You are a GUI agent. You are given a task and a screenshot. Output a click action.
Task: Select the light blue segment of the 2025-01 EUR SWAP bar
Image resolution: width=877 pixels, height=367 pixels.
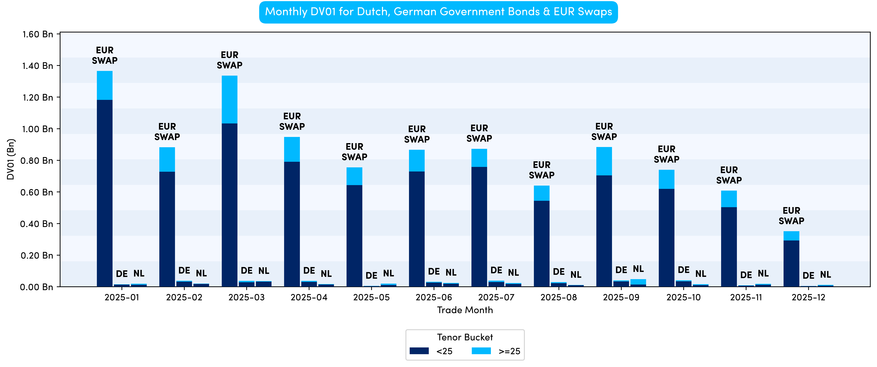tap(105, 85)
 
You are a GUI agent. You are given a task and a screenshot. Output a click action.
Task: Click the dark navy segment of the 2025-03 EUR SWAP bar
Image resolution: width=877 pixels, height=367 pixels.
tap(229, 204)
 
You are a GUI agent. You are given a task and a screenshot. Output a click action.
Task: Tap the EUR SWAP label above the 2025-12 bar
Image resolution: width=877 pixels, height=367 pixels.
tap(791, 216)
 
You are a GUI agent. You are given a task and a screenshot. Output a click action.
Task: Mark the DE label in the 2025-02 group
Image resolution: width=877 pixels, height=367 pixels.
tap(184, 271)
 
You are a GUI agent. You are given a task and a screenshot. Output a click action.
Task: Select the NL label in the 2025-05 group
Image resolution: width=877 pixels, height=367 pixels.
tap(388, 273)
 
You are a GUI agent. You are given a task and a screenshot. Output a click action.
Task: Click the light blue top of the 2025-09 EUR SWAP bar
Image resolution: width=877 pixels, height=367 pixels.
tap(604, 161)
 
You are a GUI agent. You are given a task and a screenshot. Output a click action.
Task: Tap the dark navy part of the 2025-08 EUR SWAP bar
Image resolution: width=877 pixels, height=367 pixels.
tap(541, 243)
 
